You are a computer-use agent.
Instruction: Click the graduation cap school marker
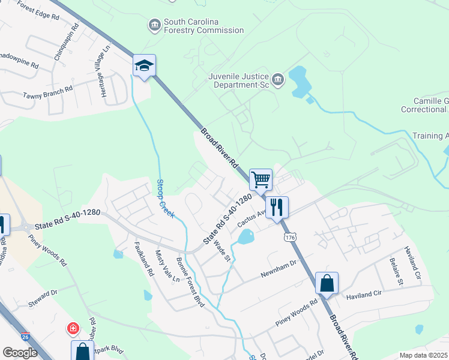[x=144, y=65]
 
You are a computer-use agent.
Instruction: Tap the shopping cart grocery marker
[x=261, y=179]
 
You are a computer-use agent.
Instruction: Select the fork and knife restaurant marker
[x=277, y=207]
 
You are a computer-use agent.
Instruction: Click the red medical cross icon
[x=73, y=329]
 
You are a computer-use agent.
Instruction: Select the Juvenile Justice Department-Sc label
[x=240, y=80]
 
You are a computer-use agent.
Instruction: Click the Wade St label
[x=223, y=249]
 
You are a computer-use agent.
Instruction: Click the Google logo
[x=20, y=352]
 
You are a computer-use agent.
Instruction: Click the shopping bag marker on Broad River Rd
[x=327, y=283]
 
